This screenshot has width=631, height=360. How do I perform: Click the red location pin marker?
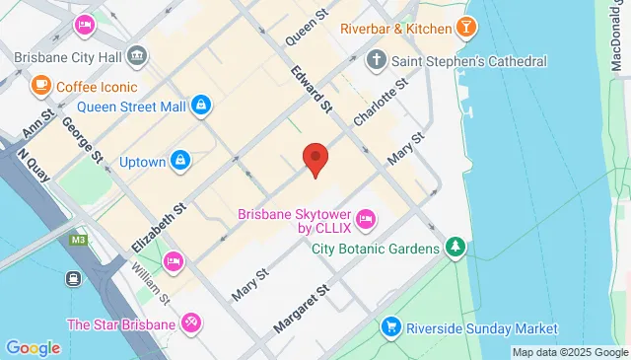[x=315, y=159]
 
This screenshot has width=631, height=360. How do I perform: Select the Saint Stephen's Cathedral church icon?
[x=376, y=62]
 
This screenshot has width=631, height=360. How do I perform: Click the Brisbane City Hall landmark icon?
[x=137, y=55]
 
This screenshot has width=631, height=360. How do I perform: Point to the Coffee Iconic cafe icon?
[x=41, y=86]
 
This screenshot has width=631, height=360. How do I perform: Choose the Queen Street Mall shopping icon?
[x=201, y=105]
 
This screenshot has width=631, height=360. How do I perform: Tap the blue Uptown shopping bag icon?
[x=179, y=159]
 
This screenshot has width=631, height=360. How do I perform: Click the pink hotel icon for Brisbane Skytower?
[x=366, y=218]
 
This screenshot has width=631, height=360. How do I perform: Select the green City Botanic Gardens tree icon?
[x=455, y=247]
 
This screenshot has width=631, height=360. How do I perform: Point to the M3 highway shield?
[x=79, y=239]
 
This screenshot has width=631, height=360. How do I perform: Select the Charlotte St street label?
[x=380, y=102]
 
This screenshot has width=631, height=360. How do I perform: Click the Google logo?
[x=33, y=347]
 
